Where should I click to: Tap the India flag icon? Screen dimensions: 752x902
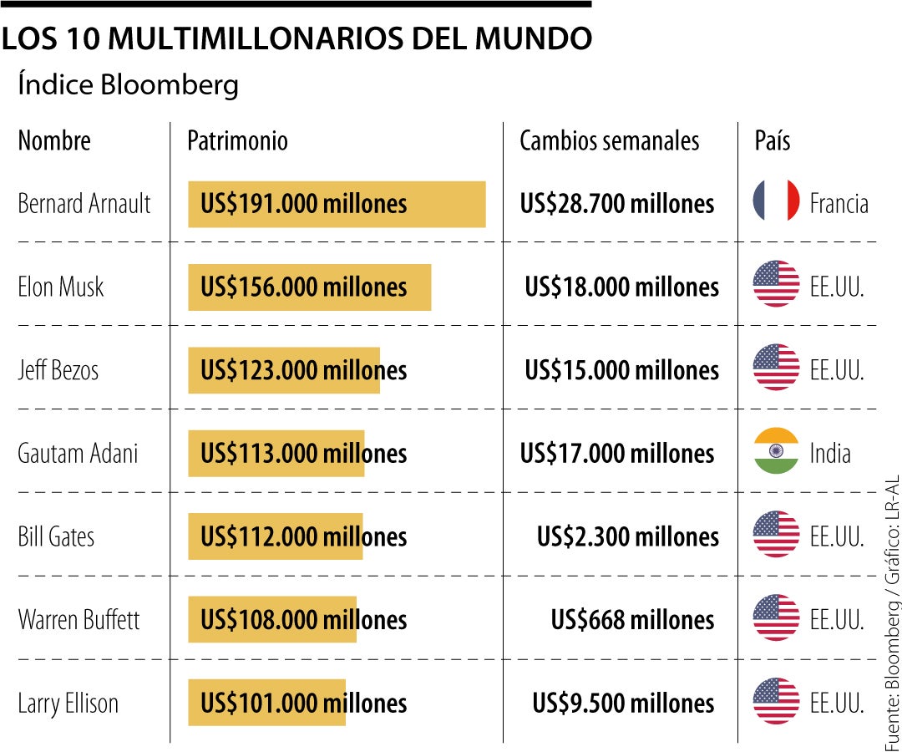(x=776, y=452)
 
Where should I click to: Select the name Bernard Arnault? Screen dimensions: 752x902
(x=84, y=203)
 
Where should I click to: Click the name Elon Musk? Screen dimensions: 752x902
(x=61, y=287)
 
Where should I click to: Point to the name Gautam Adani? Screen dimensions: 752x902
(x=78, y=454)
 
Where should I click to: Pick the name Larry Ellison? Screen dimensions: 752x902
(x=68, y=704)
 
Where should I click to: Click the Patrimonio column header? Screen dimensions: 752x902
(x=237, y=140)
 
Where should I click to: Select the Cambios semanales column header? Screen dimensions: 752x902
(x=609, y=140)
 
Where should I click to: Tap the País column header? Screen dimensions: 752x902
(x=772, y=140)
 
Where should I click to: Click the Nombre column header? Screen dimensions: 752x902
(x=54, y=140)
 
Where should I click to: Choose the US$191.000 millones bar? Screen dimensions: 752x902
(x=337, y=204)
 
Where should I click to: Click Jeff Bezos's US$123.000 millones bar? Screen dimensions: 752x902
(x=284, y=370)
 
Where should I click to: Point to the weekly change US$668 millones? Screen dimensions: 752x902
(x=632, y=620)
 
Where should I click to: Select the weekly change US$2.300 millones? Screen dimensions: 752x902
(x=627, y=536)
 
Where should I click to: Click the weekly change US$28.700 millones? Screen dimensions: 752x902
(x=617, y=203)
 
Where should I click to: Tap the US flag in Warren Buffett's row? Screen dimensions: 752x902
(x=776, y=618)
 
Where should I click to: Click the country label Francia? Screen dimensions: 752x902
(x=839, y=203)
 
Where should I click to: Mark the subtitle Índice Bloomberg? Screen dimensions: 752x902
(x=128, y=85)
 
